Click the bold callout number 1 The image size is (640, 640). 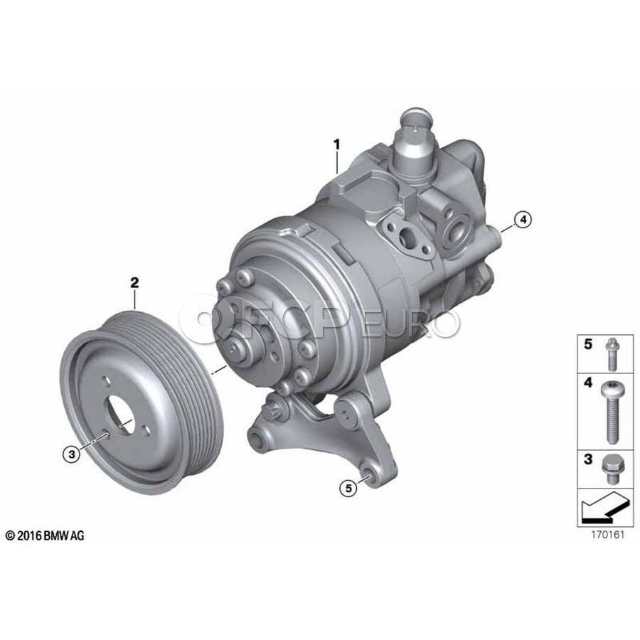[x=337, y=144]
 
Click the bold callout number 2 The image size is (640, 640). [x=134, y=282]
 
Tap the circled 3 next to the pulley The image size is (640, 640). [x=72, y=454]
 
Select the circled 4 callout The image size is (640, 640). [x=523, y=220]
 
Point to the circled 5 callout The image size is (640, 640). [x=348, y=487]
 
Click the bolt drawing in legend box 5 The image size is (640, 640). [x=611, y=354]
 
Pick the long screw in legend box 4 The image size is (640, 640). [x=611, y=412]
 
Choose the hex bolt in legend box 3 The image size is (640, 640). [x=611, y=469]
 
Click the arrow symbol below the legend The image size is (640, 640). [x=604, y=507]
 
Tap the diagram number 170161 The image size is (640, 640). [x=608, y=535]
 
